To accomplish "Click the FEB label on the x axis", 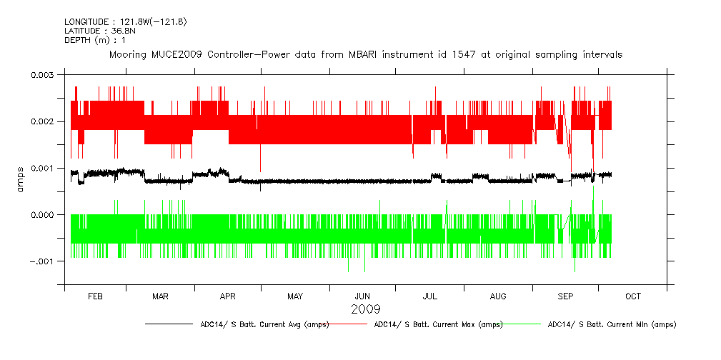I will coord(95,296).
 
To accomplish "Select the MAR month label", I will coord(160,296).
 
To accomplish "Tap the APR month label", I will coord(227,296).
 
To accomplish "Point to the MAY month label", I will coord(294,296).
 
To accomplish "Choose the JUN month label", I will coord(362,296).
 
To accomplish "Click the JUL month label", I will coord(429,296).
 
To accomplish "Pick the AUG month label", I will coord(498,296).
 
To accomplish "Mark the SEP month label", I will coord(565,296).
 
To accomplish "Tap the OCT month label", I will coord(632,296).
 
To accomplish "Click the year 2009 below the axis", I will coord(365,309).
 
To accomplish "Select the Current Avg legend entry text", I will coord(264,325).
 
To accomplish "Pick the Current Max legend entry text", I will coord(438,325).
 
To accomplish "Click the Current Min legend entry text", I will coord(612,325).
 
